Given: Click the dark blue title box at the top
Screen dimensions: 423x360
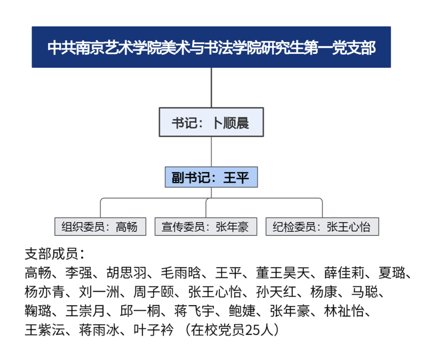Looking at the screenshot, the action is click(x=211, y=47).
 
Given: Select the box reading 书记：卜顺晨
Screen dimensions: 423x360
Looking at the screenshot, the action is click(x=211, y=122).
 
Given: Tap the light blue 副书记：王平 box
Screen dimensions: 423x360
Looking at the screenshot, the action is click(x=211, y=177).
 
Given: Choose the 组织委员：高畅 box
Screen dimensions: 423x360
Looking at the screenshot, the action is click(x=100, y=226).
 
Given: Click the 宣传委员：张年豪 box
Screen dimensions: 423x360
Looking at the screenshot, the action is click(x=206, y=226).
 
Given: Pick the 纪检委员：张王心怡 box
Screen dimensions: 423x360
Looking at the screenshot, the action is click(x=322, y=226).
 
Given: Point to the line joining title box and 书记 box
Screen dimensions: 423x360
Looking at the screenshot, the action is click(x=211, y=87).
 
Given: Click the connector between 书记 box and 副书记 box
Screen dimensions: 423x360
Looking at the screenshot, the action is click(x=211, y=152).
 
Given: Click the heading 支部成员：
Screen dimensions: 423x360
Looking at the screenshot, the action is click(x=55, y=254).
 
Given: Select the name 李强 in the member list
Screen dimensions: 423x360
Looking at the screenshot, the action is click(x=79, y=273).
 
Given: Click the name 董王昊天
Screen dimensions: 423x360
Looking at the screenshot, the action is click(x=283, y=273).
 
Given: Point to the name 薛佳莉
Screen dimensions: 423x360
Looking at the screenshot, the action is click(x=344, y=273).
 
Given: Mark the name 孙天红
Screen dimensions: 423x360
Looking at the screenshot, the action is click(x=276, y=292).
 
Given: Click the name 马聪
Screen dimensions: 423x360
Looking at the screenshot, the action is click(x=365, y=292).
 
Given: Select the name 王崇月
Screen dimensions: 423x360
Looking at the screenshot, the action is click(x=85, y=311).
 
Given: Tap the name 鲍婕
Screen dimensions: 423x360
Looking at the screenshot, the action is click(x=242, y=311).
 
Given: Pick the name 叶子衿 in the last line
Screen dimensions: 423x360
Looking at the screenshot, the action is click(x=154, y=330).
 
